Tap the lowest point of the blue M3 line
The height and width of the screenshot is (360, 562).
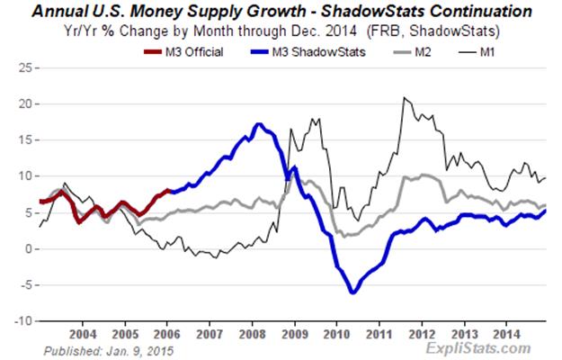[x=353, y=292]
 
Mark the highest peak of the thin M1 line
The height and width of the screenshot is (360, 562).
[x=405, y=98]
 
